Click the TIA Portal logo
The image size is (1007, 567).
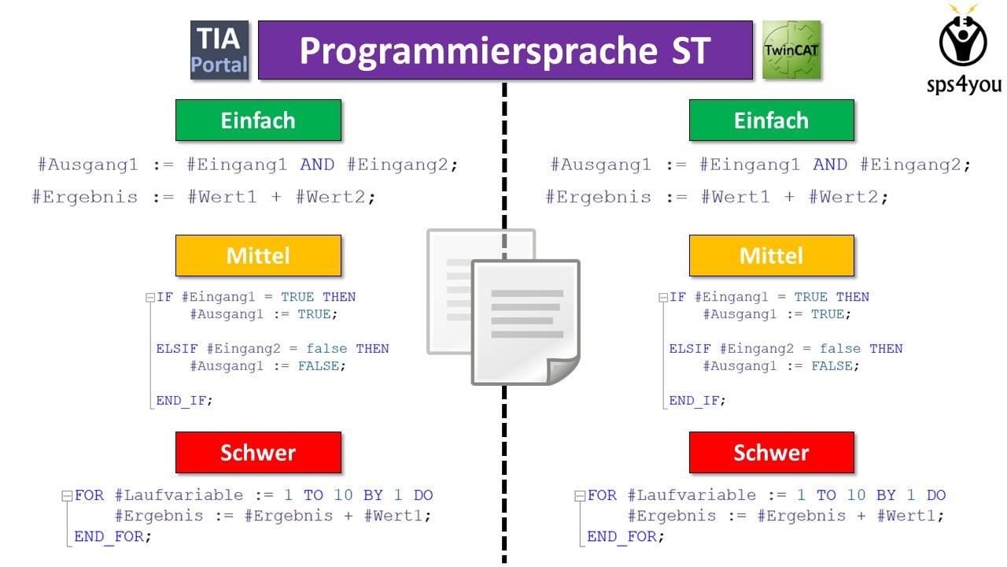pos(219,50)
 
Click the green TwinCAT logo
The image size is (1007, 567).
pos(791,50)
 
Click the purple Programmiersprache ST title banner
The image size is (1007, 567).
pos(505,50)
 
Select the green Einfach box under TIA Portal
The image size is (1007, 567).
pos(259,120)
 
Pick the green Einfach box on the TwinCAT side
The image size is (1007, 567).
pos(772,120)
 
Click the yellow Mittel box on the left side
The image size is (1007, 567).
pos(259,256)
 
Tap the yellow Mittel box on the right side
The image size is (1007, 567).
pos(772,256)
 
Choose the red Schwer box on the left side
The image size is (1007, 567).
pos(259,452)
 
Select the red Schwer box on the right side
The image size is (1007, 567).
pos(772,452)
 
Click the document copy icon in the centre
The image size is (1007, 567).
pos(503,307)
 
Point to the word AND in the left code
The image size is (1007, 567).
pos(317,165)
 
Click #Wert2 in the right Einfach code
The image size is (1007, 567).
pos(844,197)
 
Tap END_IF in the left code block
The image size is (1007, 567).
pos(181,401)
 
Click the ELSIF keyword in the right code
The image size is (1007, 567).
pos(690,349)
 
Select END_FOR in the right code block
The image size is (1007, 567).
pos(622,536)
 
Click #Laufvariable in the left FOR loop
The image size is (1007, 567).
pos(179,495)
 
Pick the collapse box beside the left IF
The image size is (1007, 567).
pos(150,298)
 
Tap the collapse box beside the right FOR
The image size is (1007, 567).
pos(580,496)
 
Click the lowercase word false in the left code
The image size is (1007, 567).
pos(326,349)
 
